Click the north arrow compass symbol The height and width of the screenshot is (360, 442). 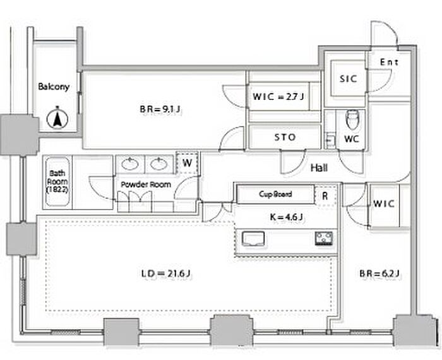57,118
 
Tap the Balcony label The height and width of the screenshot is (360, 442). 54,87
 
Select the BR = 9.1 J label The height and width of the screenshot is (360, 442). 160,109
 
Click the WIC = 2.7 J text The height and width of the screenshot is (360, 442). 278,97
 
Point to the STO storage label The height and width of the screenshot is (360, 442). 285,137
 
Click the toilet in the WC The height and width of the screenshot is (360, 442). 352,119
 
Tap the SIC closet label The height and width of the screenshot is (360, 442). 349,79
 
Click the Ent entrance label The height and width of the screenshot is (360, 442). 389,62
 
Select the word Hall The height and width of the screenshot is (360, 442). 319,168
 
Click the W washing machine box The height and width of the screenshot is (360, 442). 187,163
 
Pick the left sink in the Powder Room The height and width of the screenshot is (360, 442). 130,164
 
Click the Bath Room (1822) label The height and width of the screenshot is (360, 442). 57,181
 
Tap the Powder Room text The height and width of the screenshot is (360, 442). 146,184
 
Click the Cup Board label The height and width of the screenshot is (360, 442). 275,194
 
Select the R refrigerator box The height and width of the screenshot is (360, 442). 325,196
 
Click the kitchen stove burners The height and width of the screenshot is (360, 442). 324,238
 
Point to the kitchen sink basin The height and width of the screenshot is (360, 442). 253,239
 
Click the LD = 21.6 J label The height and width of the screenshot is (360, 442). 166,273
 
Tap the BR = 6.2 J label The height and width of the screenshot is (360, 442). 379,273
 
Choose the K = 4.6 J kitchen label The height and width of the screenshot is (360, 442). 286,217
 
